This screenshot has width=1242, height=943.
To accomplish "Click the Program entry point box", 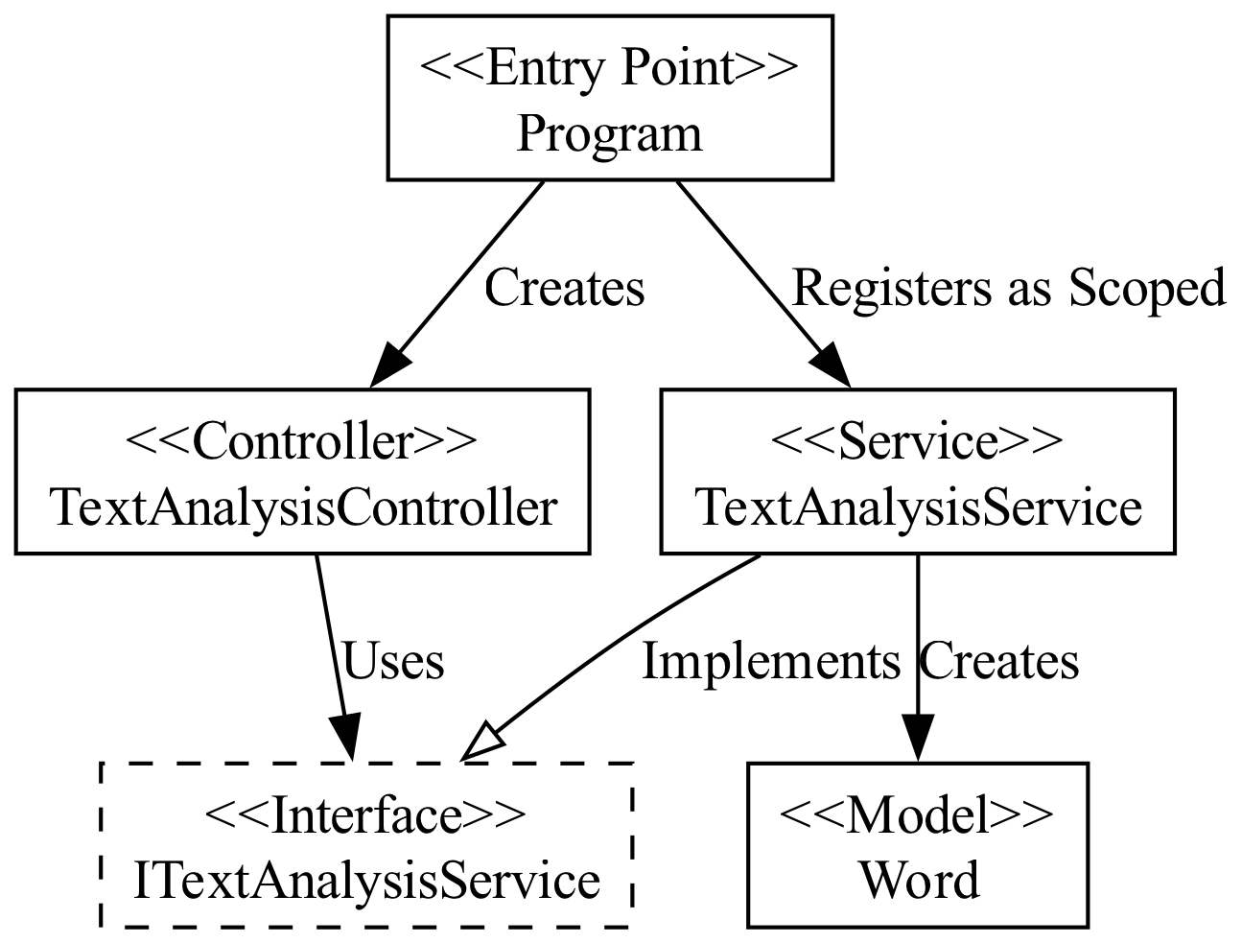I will pos(609,98).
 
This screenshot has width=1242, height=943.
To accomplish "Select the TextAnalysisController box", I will pos(301,472).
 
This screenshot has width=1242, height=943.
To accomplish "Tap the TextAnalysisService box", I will pos(917,472).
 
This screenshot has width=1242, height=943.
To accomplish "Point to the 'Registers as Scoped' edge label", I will pos(1008,288).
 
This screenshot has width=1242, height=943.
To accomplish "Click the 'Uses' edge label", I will pos(392,662).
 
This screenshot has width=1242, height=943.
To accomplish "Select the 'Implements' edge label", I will pos(770,662).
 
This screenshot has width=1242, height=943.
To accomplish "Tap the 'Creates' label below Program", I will pos(564,288).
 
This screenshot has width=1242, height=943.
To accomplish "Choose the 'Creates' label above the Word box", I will pos(998,662).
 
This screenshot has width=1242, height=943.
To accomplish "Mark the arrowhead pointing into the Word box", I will pos(918,741).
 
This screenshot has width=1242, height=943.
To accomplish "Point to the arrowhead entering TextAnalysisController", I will pos(388,368).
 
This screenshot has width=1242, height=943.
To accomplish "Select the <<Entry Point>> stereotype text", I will pos(609,69).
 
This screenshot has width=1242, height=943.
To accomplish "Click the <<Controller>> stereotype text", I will pos(301,442).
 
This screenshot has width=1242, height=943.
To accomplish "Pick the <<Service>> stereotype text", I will pos(917,442).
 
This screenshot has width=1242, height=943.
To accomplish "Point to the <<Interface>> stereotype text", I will pos(366,816).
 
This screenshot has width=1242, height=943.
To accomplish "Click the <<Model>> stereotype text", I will pos(917,816).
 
